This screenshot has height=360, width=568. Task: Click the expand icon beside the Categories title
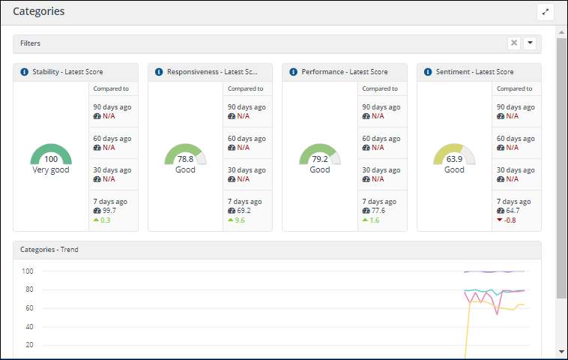click(545, 12)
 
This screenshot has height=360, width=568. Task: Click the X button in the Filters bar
click(514, 43)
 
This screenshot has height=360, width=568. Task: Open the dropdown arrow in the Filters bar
click(530, 43)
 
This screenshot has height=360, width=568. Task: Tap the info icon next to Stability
click(24, 72)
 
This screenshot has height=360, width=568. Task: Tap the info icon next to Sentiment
click(428, 72)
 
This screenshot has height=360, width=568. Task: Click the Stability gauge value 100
click(51, 159)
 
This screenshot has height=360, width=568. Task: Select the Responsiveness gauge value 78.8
click(185, 159)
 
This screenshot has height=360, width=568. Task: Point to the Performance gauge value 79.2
click(320, 159)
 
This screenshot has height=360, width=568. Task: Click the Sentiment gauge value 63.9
click(454, 159)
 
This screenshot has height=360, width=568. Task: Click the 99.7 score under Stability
click(110, 211)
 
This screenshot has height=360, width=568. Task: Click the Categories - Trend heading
click(49, 249)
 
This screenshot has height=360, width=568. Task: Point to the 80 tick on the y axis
click(28, 289)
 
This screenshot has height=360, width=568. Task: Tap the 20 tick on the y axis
click(28, 345)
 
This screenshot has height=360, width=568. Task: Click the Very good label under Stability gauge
click(51, 169)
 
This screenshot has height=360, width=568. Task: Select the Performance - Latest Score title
click(345, 72)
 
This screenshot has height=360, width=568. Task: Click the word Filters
click(31, 43)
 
